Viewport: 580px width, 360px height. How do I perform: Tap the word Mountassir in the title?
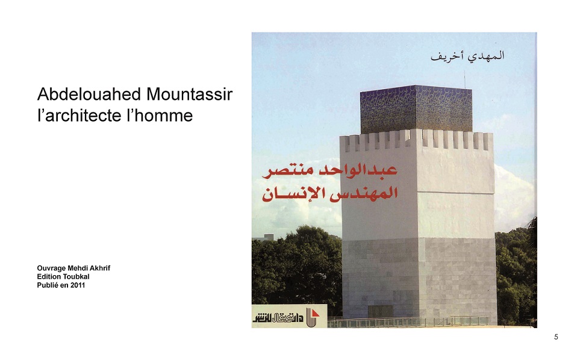(x=189, y=94)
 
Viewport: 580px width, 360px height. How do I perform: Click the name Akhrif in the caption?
(x=100, y=268)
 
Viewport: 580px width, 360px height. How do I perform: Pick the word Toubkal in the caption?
(x=76, y=276)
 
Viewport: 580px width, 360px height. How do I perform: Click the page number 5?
(x=556, y=337)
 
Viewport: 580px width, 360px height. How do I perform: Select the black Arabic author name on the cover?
(x=467, y=56)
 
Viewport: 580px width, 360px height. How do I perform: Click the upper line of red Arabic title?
(x=330, y=170)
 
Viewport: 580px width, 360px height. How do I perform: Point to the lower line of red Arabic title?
(x=330, y=194)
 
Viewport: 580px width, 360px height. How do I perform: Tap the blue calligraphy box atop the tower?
(x=416, y=109)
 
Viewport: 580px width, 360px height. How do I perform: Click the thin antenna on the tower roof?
(x=465, y=79)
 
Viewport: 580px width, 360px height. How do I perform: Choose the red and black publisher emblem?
(x=313, y=317)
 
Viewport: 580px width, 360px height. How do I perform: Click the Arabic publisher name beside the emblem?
(x=278, y=317)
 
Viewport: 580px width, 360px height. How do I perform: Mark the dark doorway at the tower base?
(x=380, y=312)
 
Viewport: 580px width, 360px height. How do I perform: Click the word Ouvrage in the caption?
(x=51, y=268)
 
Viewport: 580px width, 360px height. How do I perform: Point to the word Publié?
(x=48, y=285)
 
